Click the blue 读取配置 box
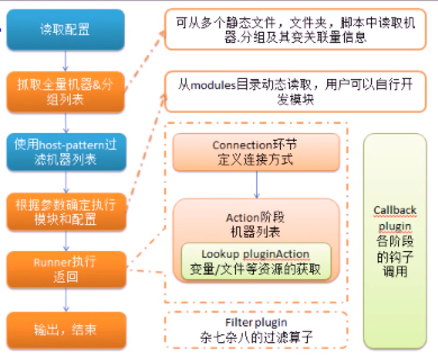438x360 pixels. tap(66, 29)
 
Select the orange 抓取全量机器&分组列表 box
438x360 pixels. tap(66, 92)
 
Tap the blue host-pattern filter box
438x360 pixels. tap(66, 152)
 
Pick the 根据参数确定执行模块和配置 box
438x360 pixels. tap(66, 212)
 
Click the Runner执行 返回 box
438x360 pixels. tap(66, 270)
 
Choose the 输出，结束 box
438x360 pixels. tap(66, 330)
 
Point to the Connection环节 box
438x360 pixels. tap(256, 152)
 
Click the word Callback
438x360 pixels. tap(395, 210)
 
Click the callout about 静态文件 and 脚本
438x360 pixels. tap(295, 29)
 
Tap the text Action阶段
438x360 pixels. tap(256, 217)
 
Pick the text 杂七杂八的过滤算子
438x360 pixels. tap(256, 337)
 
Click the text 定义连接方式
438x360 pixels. tap(256, 160)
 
